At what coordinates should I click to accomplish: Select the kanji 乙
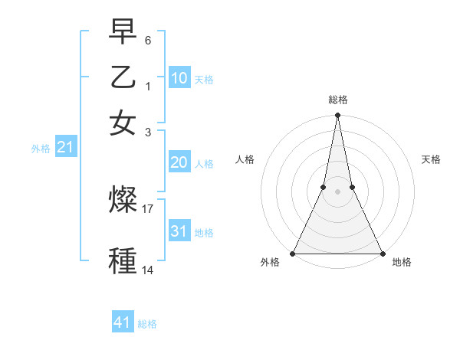pyautogui.click(x=123, y=77)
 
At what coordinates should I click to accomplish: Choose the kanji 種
pyautogui.click(x=123, y=260)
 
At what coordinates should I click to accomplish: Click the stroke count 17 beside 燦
pyautogui.click(x=148, y=208)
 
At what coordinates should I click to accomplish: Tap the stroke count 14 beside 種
pyautogui.click(x=148, y=270)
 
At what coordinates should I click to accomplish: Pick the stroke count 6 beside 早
pyautogui.click(x=148, y=40)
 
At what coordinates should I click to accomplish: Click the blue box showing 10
pyautogui.click(x=179, y=78)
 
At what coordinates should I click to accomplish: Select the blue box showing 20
pyautogui.click(x=179, y=162)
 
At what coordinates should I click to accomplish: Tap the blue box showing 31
pyautogui.click(x=179, y=231)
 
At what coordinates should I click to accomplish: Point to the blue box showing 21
pyautogui.click(x=64, y=147)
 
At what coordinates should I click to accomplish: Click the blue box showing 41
pyautogui.click(x=123, y=322)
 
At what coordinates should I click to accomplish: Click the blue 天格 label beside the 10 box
pyautogui.click(x=204, y=80)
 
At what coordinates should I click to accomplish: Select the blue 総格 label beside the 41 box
pyautogui.click(x=147, y=324)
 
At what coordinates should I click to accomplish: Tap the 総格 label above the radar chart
pyautogui.click(x=337, y=100)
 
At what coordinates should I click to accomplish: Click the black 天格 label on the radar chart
pyautogui.click(x=431, y=159)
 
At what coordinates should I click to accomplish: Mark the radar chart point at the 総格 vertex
pyautogui.click(x=337, y=116)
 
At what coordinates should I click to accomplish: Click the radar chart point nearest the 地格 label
pyautogui.click(x=381, y=254)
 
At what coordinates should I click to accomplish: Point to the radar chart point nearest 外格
pyautogui.click(x=294, y=254)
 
